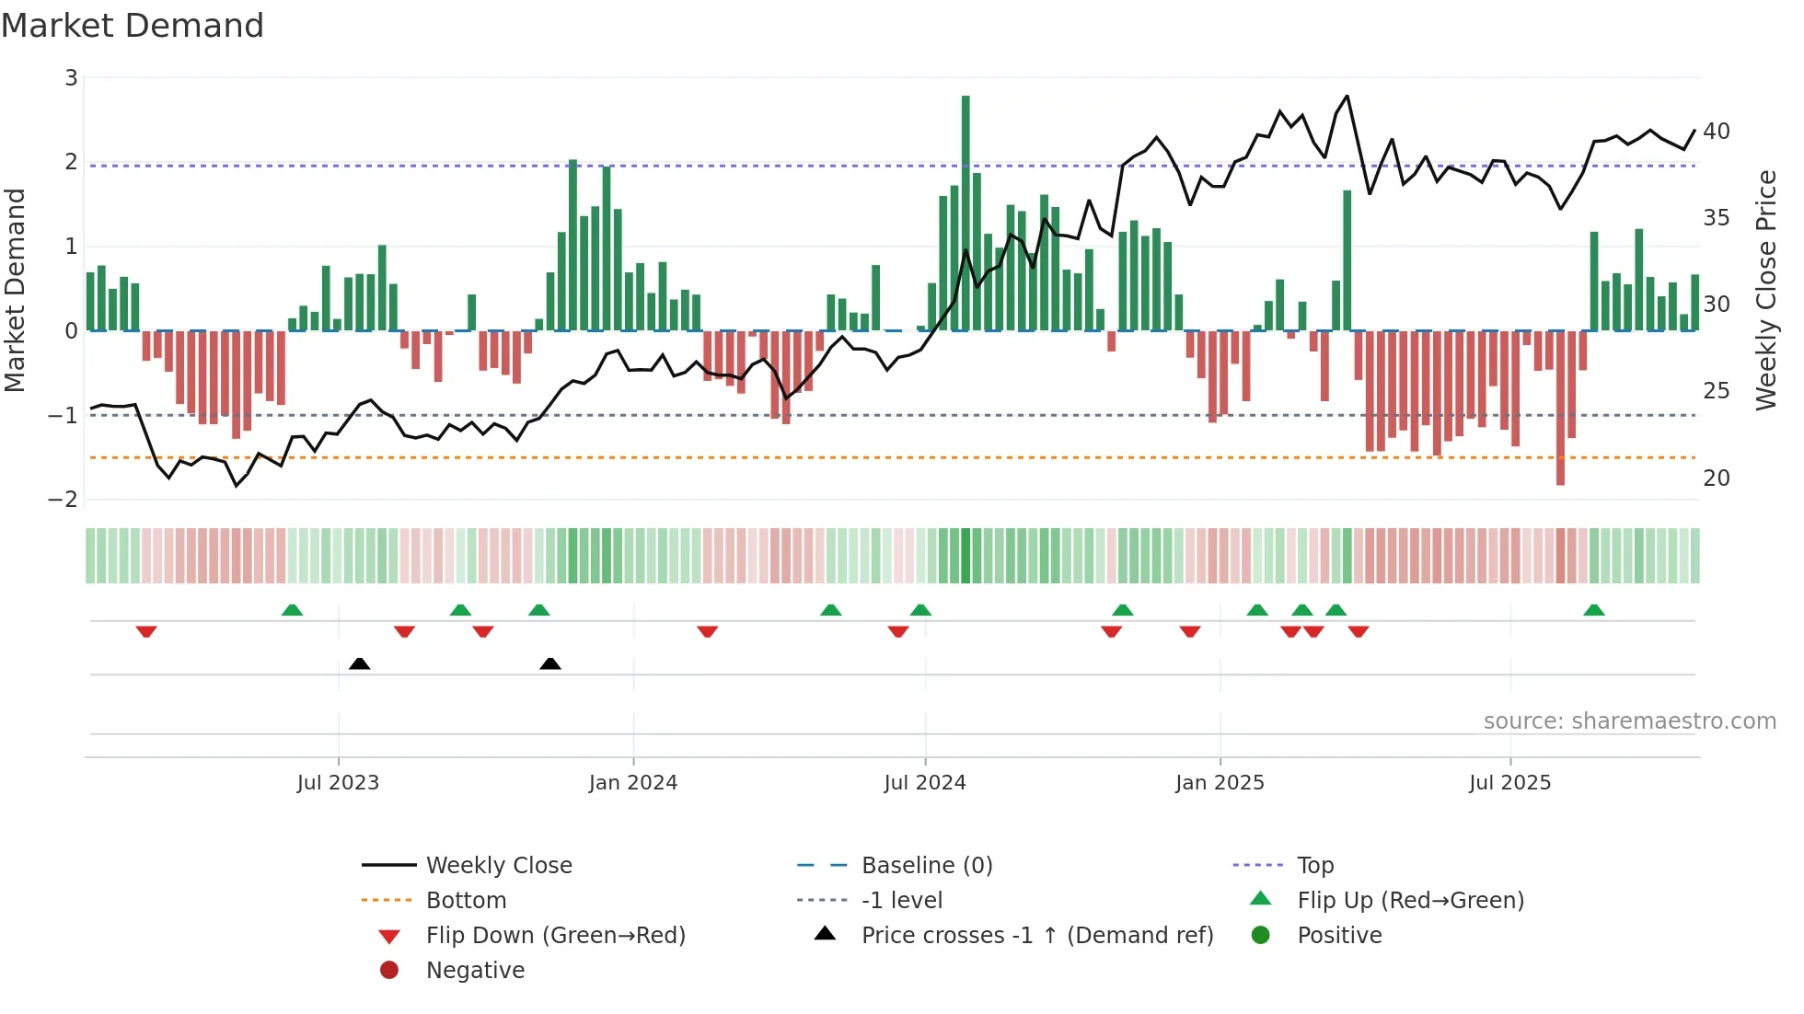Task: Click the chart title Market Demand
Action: point(133,26)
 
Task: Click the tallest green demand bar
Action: point(966,212)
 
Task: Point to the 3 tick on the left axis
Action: point(71,78)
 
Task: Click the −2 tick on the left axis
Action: point(64,500)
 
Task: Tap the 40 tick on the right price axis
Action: point(1716,132)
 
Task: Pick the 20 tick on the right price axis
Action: point(1716,478)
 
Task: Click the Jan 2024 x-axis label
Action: point(633,783)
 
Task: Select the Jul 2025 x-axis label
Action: point(1509,783)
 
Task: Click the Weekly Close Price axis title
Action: point(1765,290)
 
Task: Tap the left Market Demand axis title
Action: point(16,290)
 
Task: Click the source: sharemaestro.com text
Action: point(1629,721)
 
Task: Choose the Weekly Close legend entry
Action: point(498,866)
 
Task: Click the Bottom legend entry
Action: point(466,901)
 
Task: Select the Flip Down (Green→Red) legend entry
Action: point(555,936)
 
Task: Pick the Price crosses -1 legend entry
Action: point(1036,936)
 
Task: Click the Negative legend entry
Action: point(475,971)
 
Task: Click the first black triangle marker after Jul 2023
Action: point(360,663)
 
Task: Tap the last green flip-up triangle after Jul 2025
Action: point(1594,610)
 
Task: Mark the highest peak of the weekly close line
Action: point(1347,96)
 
